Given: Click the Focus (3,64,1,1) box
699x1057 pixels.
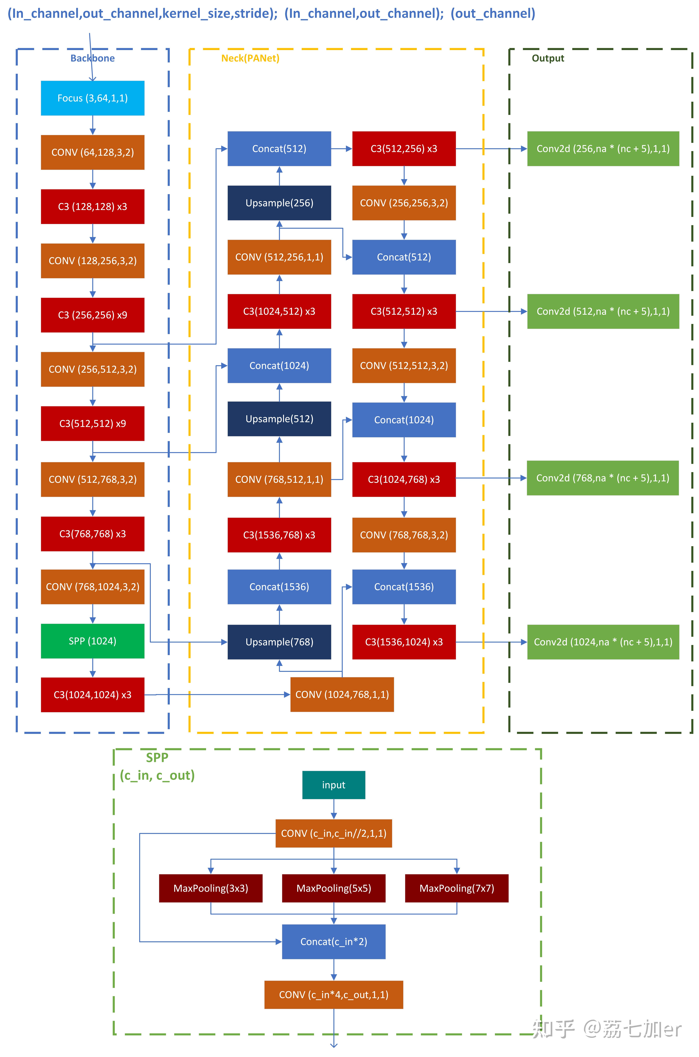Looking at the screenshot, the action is [93, 98].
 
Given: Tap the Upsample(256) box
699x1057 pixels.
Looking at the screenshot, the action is [279, 203].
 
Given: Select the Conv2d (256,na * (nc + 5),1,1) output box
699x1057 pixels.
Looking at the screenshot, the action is [603, 149].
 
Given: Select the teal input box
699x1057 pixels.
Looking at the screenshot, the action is [334, 785].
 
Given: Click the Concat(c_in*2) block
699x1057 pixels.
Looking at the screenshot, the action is [334, 941].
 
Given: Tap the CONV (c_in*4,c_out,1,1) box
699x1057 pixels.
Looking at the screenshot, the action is [334, 995].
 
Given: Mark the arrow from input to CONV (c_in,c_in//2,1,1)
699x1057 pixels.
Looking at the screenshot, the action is [334, 809].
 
